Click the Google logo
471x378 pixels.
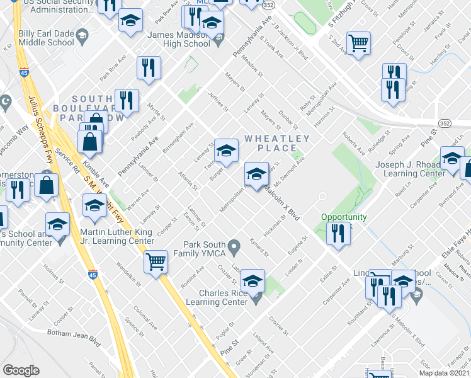(x=21, y=370)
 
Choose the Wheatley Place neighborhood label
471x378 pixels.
(x=277, y=143)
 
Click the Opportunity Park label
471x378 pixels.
(x=344, y=217)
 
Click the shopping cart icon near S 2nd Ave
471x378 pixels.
(x=358, y=43)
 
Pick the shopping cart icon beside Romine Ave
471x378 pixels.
(x=156, y=261)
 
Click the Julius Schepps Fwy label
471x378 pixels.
(x=37, y=126)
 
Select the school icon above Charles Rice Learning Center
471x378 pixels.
(x=253, y=281)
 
